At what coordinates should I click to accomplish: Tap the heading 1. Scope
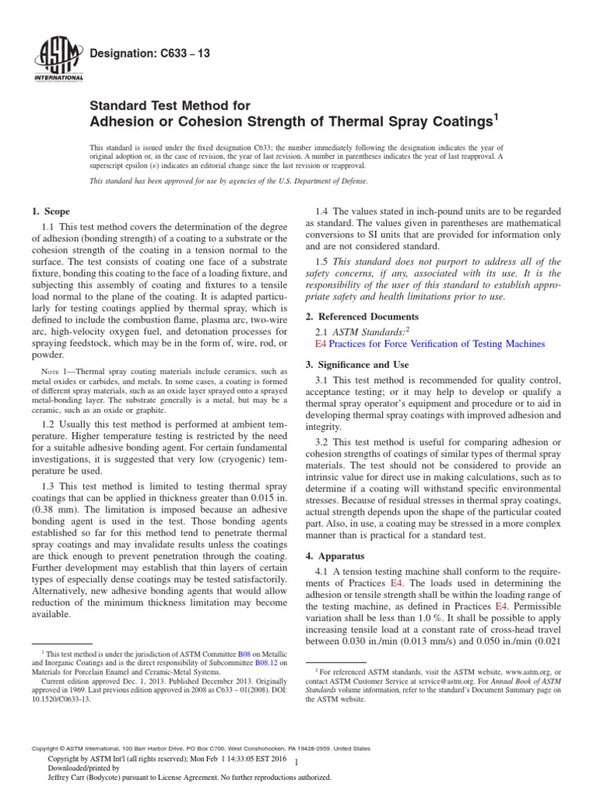pyautogui.click(x=49, y=211)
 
